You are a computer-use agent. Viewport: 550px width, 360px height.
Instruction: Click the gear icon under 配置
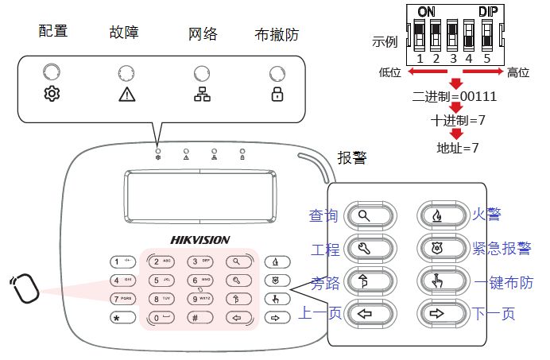click(x=52, y=95)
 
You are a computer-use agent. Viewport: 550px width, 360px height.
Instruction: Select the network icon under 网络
click(x=201, y=95)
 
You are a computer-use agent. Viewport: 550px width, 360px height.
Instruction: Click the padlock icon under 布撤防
click(x=277, y=95)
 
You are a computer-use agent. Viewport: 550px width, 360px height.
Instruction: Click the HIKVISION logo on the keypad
click(x=200, y=239)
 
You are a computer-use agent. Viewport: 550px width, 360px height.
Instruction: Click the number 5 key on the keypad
click(x=161, y=280)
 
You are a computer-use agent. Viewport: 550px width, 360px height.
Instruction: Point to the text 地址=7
click(x=459, y=147)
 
